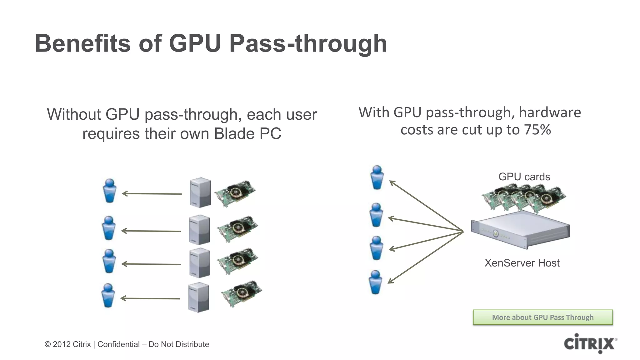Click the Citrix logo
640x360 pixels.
point(590,343)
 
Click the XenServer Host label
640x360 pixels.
point(522,263)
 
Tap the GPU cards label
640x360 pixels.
point(524,177)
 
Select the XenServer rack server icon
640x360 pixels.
point(520,230)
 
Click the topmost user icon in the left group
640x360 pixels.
point(110,191)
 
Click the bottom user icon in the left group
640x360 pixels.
point(108,295)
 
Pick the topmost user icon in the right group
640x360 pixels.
point(377,177)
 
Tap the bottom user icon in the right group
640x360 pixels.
point(375,282)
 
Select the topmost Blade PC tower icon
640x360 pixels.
point(200,192)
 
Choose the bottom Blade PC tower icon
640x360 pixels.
point(198,297)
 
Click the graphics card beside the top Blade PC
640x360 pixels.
point(235,193)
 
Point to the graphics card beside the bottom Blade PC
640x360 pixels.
point(241,294)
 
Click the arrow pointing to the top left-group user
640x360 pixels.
point(152,194)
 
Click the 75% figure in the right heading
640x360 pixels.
point(537,130)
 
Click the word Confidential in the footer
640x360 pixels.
point(118,344)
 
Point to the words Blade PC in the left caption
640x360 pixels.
point(247,134)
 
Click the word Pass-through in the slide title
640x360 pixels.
point(308,43)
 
